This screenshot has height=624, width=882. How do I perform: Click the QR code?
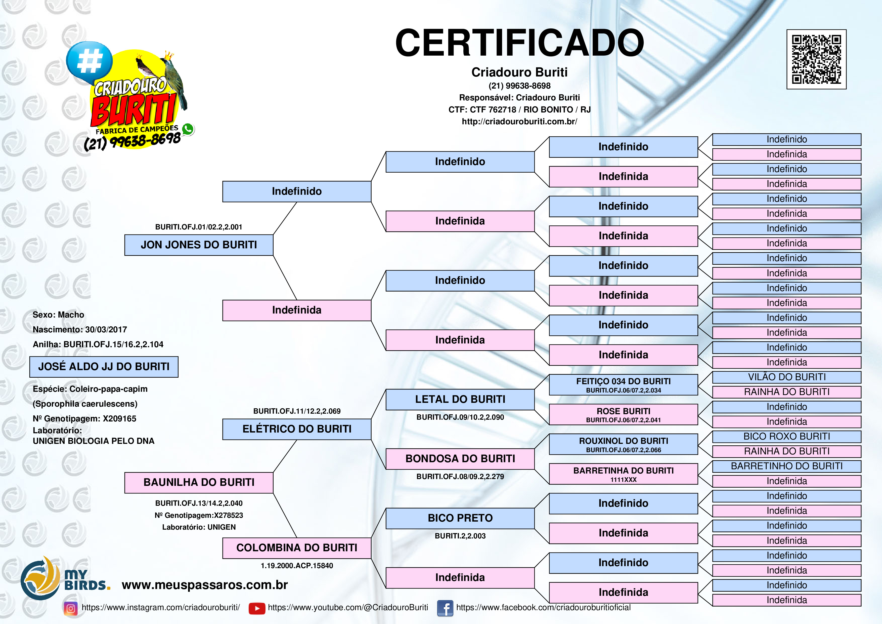click(x=816, y=59)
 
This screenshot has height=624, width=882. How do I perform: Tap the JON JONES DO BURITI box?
click(x=199, y=245)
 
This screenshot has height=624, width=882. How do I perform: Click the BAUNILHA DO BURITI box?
click(x=199, y=483)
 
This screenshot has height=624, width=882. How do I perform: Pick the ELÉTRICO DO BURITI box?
click(x=297, y=429)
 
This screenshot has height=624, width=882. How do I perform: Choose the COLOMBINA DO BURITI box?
click(x=297, y=548)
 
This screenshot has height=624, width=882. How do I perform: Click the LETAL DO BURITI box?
click(x=460, y=400)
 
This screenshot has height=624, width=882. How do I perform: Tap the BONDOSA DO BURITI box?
click(x=460, y=459)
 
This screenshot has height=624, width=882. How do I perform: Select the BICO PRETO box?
click(x=460, y=518)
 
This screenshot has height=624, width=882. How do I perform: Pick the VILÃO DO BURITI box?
click(x=786, y=377)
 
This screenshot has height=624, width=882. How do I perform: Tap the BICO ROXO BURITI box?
click(x=786, y=436)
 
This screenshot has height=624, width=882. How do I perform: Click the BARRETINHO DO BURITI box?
click(x=786, y=466)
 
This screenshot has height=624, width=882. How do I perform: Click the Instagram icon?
click(x=71, y=608)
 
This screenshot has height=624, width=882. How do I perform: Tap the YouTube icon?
click(x=257, y=608)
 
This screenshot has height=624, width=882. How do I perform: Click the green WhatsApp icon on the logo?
click(x=188, y=129)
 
